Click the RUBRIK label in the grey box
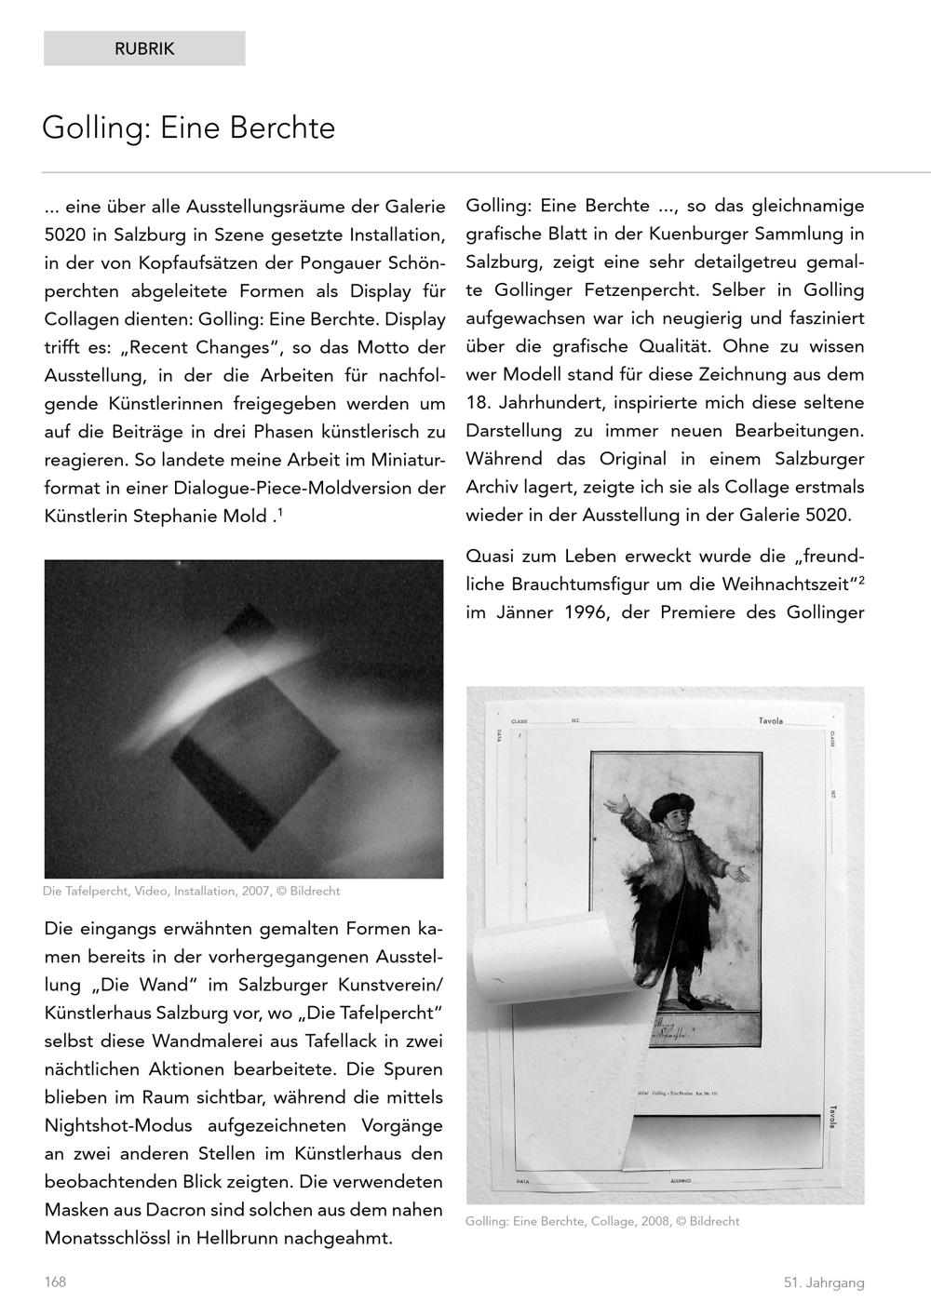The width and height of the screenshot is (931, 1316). pos(144,49)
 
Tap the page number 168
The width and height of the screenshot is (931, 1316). pos(55,1282)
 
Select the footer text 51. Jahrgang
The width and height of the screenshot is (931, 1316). pos(823,1282)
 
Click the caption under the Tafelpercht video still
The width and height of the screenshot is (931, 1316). pos(192,891)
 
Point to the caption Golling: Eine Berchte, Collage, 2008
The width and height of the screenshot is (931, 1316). pos(602,1221)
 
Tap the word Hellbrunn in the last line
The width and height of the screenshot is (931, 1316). pos(236,1239)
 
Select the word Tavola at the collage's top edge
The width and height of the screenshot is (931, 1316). pos(771,721)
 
